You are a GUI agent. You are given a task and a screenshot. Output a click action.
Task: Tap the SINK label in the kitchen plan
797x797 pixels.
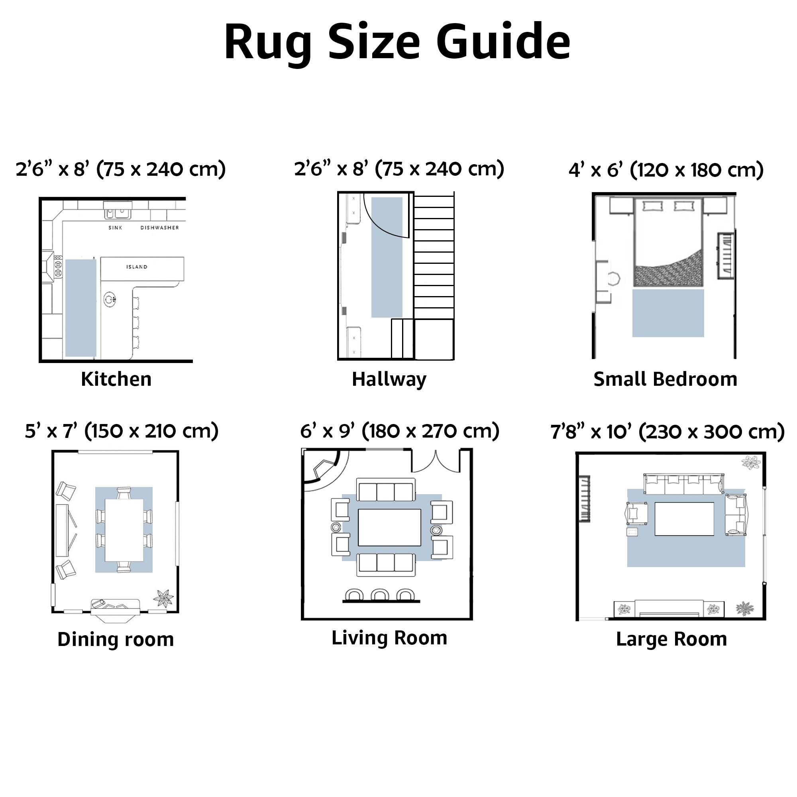[x=115, y=228]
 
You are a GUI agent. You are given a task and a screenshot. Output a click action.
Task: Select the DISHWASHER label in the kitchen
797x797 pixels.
[x=160, y=228]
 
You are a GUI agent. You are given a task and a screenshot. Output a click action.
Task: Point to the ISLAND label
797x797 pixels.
[x=137, y=267]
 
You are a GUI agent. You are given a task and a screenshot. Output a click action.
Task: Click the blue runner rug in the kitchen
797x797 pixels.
[x=80, y=308]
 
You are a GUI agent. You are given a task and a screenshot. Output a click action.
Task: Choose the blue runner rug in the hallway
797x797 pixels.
[x=387, y=257]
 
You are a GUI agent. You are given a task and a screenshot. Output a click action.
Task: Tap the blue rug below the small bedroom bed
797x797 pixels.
[x=668, y=313]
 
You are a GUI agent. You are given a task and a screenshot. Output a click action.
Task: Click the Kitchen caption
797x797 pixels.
[x=116, y=379]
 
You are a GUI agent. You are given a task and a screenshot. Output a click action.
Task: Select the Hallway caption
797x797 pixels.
[x=389, y=379]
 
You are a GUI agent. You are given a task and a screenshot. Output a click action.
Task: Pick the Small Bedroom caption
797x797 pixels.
[x=665, y=379]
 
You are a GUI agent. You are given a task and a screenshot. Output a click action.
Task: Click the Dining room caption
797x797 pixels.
[x=116, y=640]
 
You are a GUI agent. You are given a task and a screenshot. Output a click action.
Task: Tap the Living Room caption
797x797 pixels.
[x=389, y=638]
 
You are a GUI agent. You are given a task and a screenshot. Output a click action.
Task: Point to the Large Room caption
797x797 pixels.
[x=671, y=639]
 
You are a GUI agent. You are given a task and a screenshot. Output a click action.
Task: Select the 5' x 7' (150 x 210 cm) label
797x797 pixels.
[x=122, y=431]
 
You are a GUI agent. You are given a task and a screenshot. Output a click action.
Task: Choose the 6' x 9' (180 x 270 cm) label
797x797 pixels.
[x=399, y=431]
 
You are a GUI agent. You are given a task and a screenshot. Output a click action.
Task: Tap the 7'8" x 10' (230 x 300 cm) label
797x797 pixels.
[x=667, y=432]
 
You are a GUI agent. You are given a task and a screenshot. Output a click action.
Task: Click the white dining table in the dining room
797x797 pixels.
[x=124, y=530]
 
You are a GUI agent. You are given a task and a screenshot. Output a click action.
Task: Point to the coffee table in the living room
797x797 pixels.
[x=389, y=527]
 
